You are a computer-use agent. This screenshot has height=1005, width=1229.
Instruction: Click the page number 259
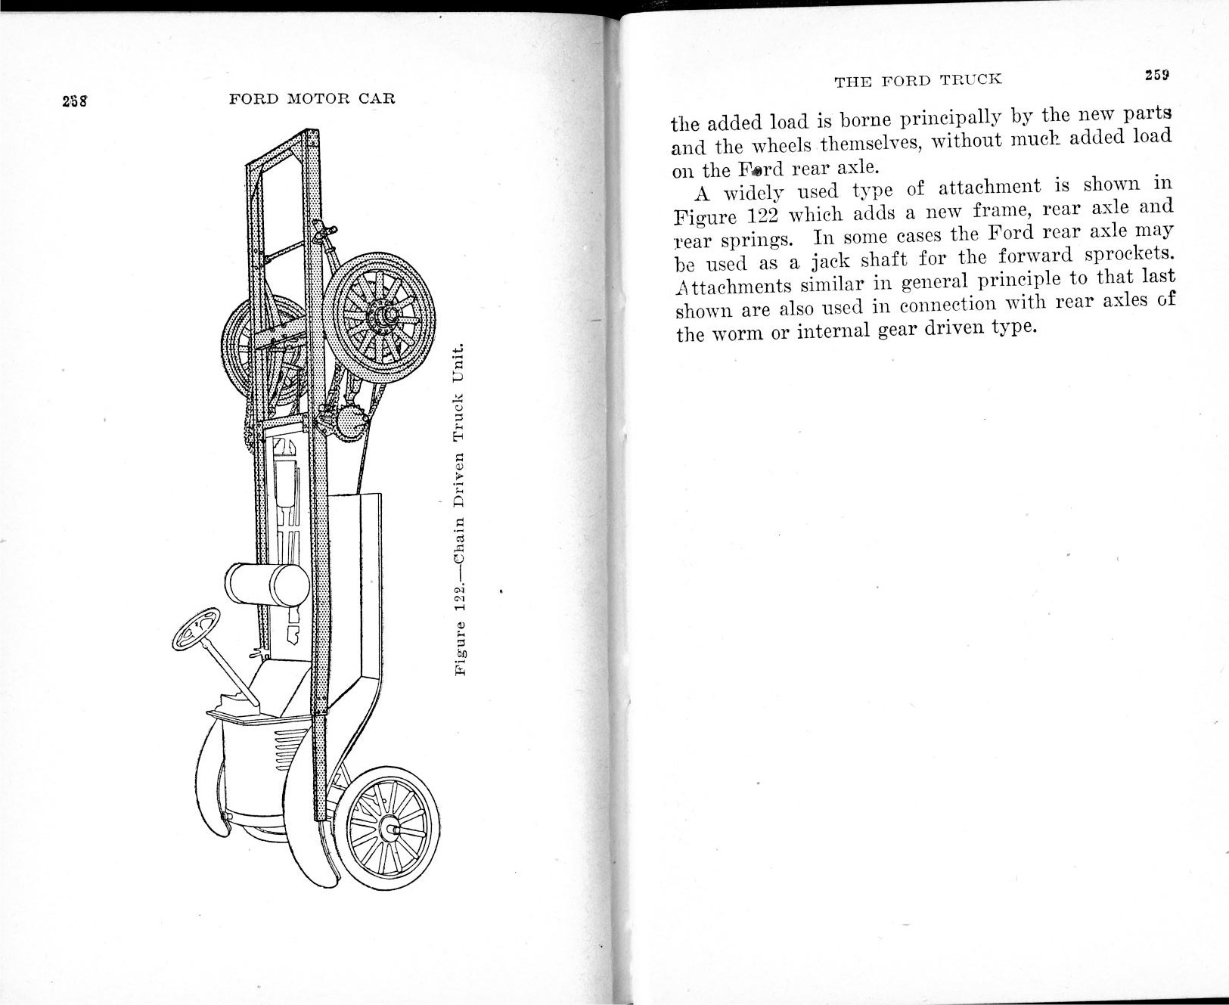(x=1157, y=75)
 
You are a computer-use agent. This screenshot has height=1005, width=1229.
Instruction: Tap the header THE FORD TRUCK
(x=917, y=79)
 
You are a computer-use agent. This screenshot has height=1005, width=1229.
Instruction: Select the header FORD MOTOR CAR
(x=312, y=99)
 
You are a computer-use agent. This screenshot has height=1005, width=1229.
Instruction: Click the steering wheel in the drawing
(x=195, y=628)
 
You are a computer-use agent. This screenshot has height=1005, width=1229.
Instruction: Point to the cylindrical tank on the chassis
(x=267, y=585)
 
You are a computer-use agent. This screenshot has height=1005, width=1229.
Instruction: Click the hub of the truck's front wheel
(x=391, y=827)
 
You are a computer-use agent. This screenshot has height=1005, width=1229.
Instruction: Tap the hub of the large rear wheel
(x=385, y=312)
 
